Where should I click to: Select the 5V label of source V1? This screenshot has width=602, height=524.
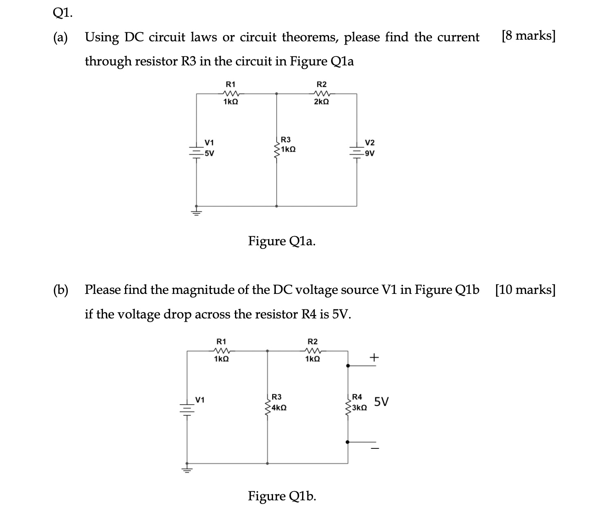pos(210,154)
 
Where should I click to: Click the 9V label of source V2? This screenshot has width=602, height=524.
pos(370,154)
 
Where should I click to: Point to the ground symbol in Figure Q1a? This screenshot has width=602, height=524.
pos(197,212)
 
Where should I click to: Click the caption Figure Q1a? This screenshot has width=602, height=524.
pos(282,241)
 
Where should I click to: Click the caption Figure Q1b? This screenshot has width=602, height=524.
pos(282,496)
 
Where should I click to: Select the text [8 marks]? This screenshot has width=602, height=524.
pos(528,36)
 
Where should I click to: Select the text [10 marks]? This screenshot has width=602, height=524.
pos(525,290)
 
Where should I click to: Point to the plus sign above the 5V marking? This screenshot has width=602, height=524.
pos(374,358)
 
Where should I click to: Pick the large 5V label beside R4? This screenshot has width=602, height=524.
pos(382,402)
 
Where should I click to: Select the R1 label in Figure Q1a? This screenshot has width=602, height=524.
pos(231,84)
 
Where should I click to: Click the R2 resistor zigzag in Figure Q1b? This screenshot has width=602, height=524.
pos(313,351)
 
